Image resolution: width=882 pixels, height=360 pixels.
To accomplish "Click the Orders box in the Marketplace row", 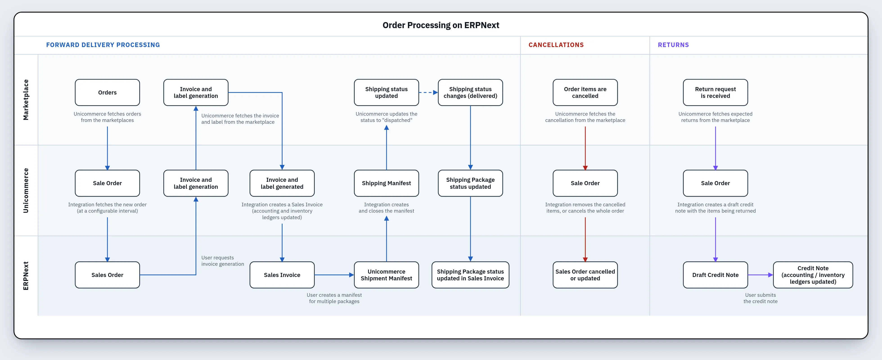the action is point(107,92).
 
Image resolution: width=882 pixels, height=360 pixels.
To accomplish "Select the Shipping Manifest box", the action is point(386,183).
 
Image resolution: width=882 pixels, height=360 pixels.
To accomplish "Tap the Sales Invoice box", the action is point(282,275).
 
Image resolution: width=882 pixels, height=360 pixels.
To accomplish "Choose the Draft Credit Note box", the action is point(715,275).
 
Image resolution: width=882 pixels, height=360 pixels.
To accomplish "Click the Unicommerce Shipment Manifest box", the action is point(386,275).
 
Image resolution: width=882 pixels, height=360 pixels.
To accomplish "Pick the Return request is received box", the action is point(715,92).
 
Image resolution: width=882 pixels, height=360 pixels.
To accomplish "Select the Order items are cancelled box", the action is point(585,92).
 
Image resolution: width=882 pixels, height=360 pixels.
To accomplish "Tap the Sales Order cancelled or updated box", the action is point(585,275).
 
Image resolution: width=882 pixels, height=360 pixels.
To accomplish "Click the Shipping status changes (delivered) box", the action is point(470,92).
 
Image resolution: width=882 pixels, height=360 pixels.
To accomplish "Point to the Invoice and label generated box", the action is point(282,183).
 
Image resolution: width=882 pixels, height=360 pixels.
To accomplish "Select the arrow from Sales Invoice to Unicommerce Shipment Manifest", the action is point(334,275).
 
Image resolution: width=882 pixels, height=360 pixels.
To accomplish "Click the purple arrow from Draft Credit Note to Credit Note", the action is point(760,275).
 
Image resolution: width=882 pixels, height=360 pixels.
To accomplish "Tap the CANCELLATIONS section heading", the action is point(556,45).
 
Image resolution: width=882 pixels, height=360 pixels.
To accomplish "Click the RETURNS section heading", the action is point(673,45).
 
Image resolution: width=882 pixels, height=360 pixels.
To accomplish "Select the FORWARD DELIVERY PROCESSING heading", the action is point(103,45).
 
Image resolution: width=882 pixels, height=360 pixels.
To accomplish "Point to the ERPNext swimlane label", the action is point(26,276).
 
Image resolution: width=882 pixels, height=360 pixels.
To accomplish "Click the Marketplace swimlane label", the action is point(26,100).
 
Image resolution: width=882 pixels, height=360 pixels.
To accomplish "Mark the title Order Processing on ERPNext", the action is point(441,25).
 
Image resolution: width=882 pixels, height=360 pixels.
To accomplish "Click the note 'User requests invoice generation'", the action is point(223,261).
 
